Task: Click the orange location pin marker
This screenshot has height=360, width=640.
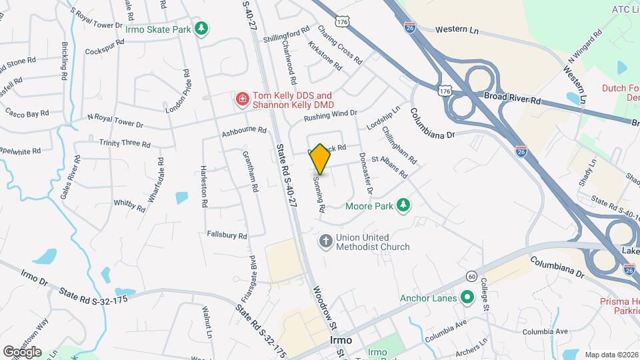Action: (x=321, y=159)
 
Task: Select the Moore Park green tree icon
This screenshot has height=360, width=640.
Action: (x=402, y=205)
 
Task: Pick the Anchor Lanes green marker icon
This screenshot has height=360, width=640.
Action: (x=467, y=297)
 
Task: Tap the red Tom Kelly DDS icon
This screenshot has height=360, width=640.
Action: (x=241, y=100)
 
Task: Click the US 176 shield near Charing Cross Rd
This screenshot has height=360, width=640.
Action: (x=343, y=22)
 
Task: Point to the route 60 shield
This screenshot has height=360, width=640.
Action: (x=471, y=276)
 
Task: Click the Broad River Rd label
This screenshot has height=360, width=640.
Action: (x=512, y=97)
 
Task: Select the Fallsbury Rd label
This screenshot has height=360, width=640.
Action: (x=227, y=235)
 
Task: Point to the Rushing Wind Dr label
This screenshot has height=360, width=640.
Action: (x=331, y=115)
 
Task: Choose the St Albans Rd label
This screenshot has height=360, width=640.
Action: (x=389, y=166)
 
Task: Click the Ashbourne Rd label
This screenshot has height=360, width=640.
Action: (x=244, y=132)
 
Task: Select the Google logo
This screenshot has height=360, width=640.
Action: (x=22, y=351)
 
